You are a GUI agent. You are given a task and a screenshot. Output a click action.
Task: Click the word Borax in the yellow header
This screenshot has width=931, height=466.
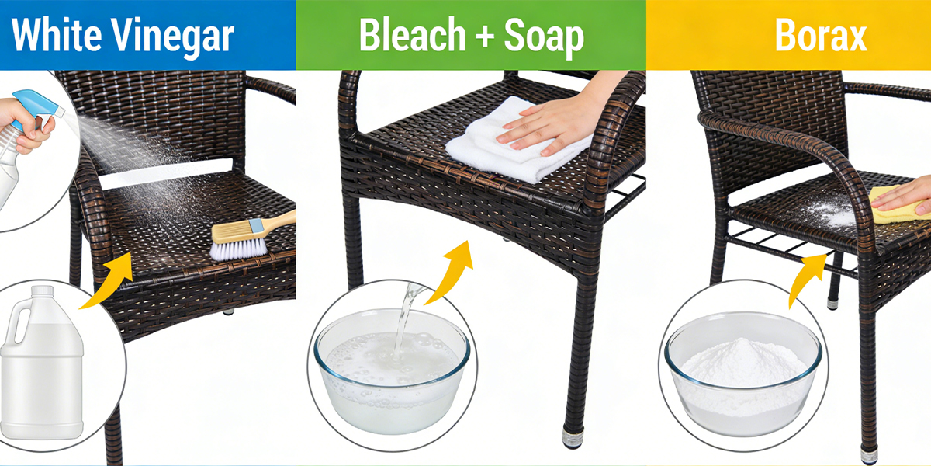tap(820, 36)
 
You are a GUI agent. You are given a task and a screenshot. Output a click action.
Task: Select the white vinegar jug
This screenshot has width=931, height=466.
tap(43, 365)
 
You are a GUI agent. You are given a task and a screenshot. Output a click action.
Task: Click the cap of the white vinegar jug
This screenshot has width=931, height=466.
tap(43, 293)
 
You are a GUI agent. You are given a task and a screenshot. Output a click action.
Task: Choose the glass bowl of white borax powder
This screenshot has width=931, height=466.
tap(742, 373)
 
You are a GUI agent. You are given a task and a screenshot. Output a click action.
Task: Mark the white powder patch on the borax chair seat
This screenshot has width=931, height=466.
tap(838, 216)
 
